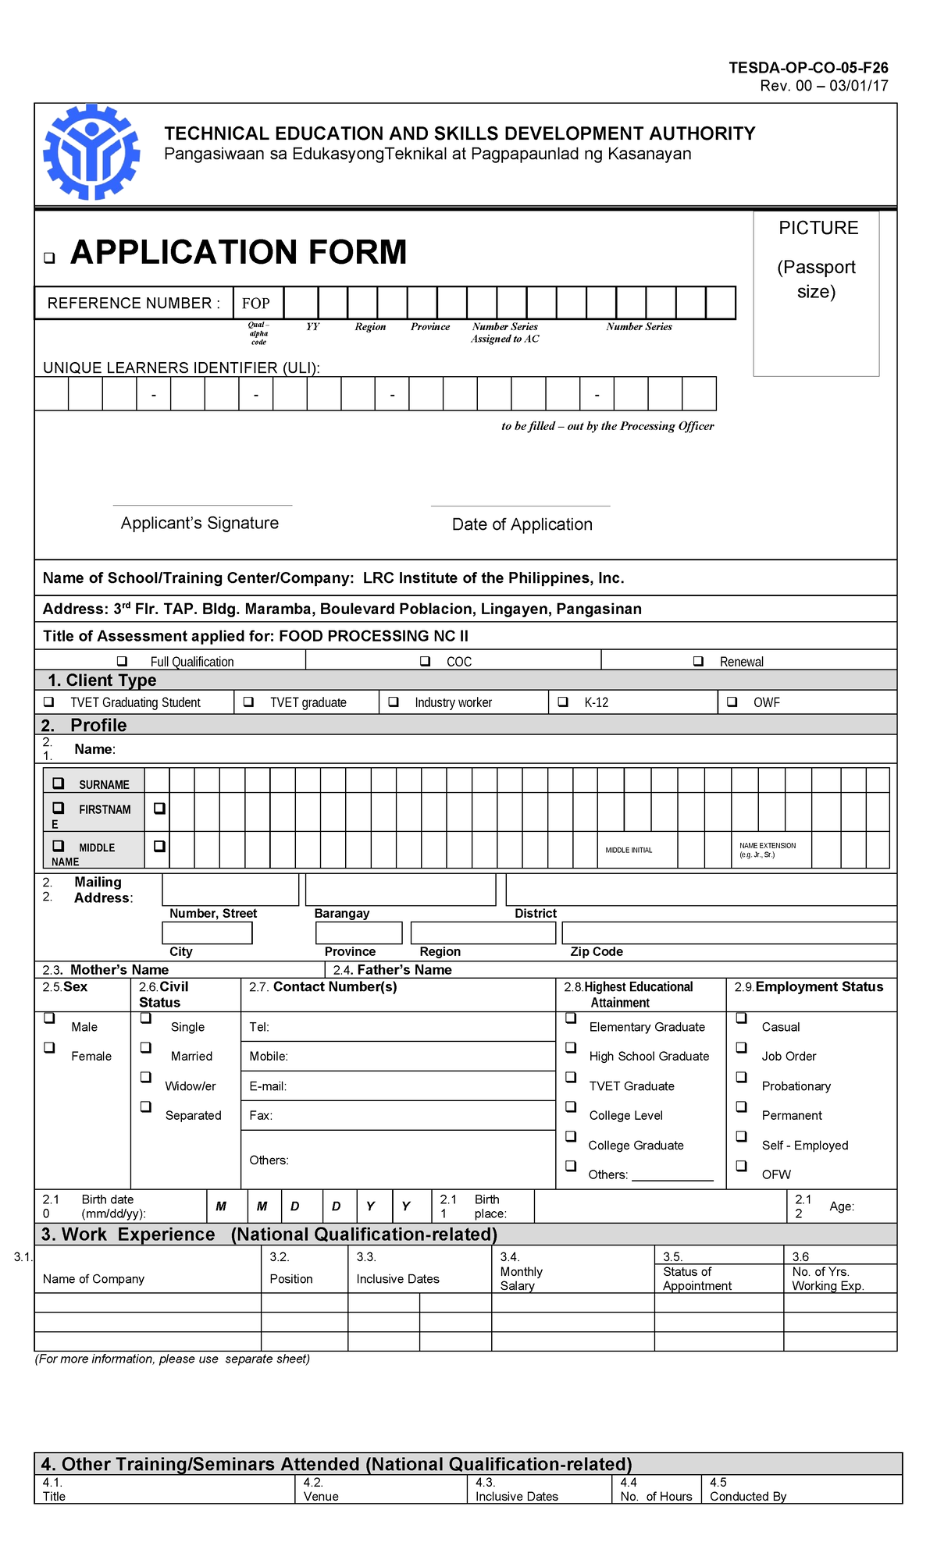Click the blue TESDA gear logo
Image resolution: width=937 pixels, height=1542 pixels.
click(x=91, y=152)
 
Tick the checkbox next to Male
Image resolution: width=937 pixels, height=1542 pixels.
click(x=49, y=1018)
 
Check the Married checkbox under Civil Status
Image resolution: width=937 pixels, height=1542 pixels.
click(x=146, y=1048)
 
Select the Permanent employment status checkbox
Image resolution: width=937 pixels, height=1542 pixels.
click(x=742, y=1107)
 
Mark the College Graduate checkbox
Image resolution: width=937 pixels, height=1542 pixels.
click(x=571, y=1136)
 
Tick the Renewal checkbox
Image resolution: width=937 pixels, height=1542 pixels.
click(x=699, y=661)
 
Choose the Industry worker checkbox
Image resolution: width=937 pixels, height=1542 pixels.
click(x=394, y=702)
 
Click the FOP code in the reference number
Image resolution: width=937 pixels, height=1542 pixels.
click(x=255, y=304)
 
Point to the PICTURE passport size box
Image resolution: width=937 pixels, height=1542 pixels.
click(x=816, y=293)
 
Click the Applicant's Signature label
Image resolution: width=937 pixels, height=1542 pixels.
click(x=200, y=523)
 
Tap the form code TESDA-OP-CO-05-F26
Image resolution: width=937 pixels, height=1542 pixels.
click(x=808, y=68)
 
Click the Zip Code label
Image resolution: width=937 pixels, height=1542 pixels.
click(x=596, y=951)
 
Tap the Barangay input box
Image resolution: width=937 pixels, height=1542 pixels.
click(x=401, y=890)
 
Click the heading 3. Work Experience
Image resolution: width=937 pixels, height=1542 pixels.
click(x=129, y=1235)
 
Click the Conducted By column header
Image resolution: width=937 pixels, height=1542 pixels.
click(x=747, y=1496)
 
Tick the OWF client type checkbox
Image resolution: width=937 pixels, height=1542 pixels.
click(x=732, y=702)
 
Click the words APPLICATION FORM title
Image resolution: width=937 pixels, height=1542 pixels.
click(x=238, y=252)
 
